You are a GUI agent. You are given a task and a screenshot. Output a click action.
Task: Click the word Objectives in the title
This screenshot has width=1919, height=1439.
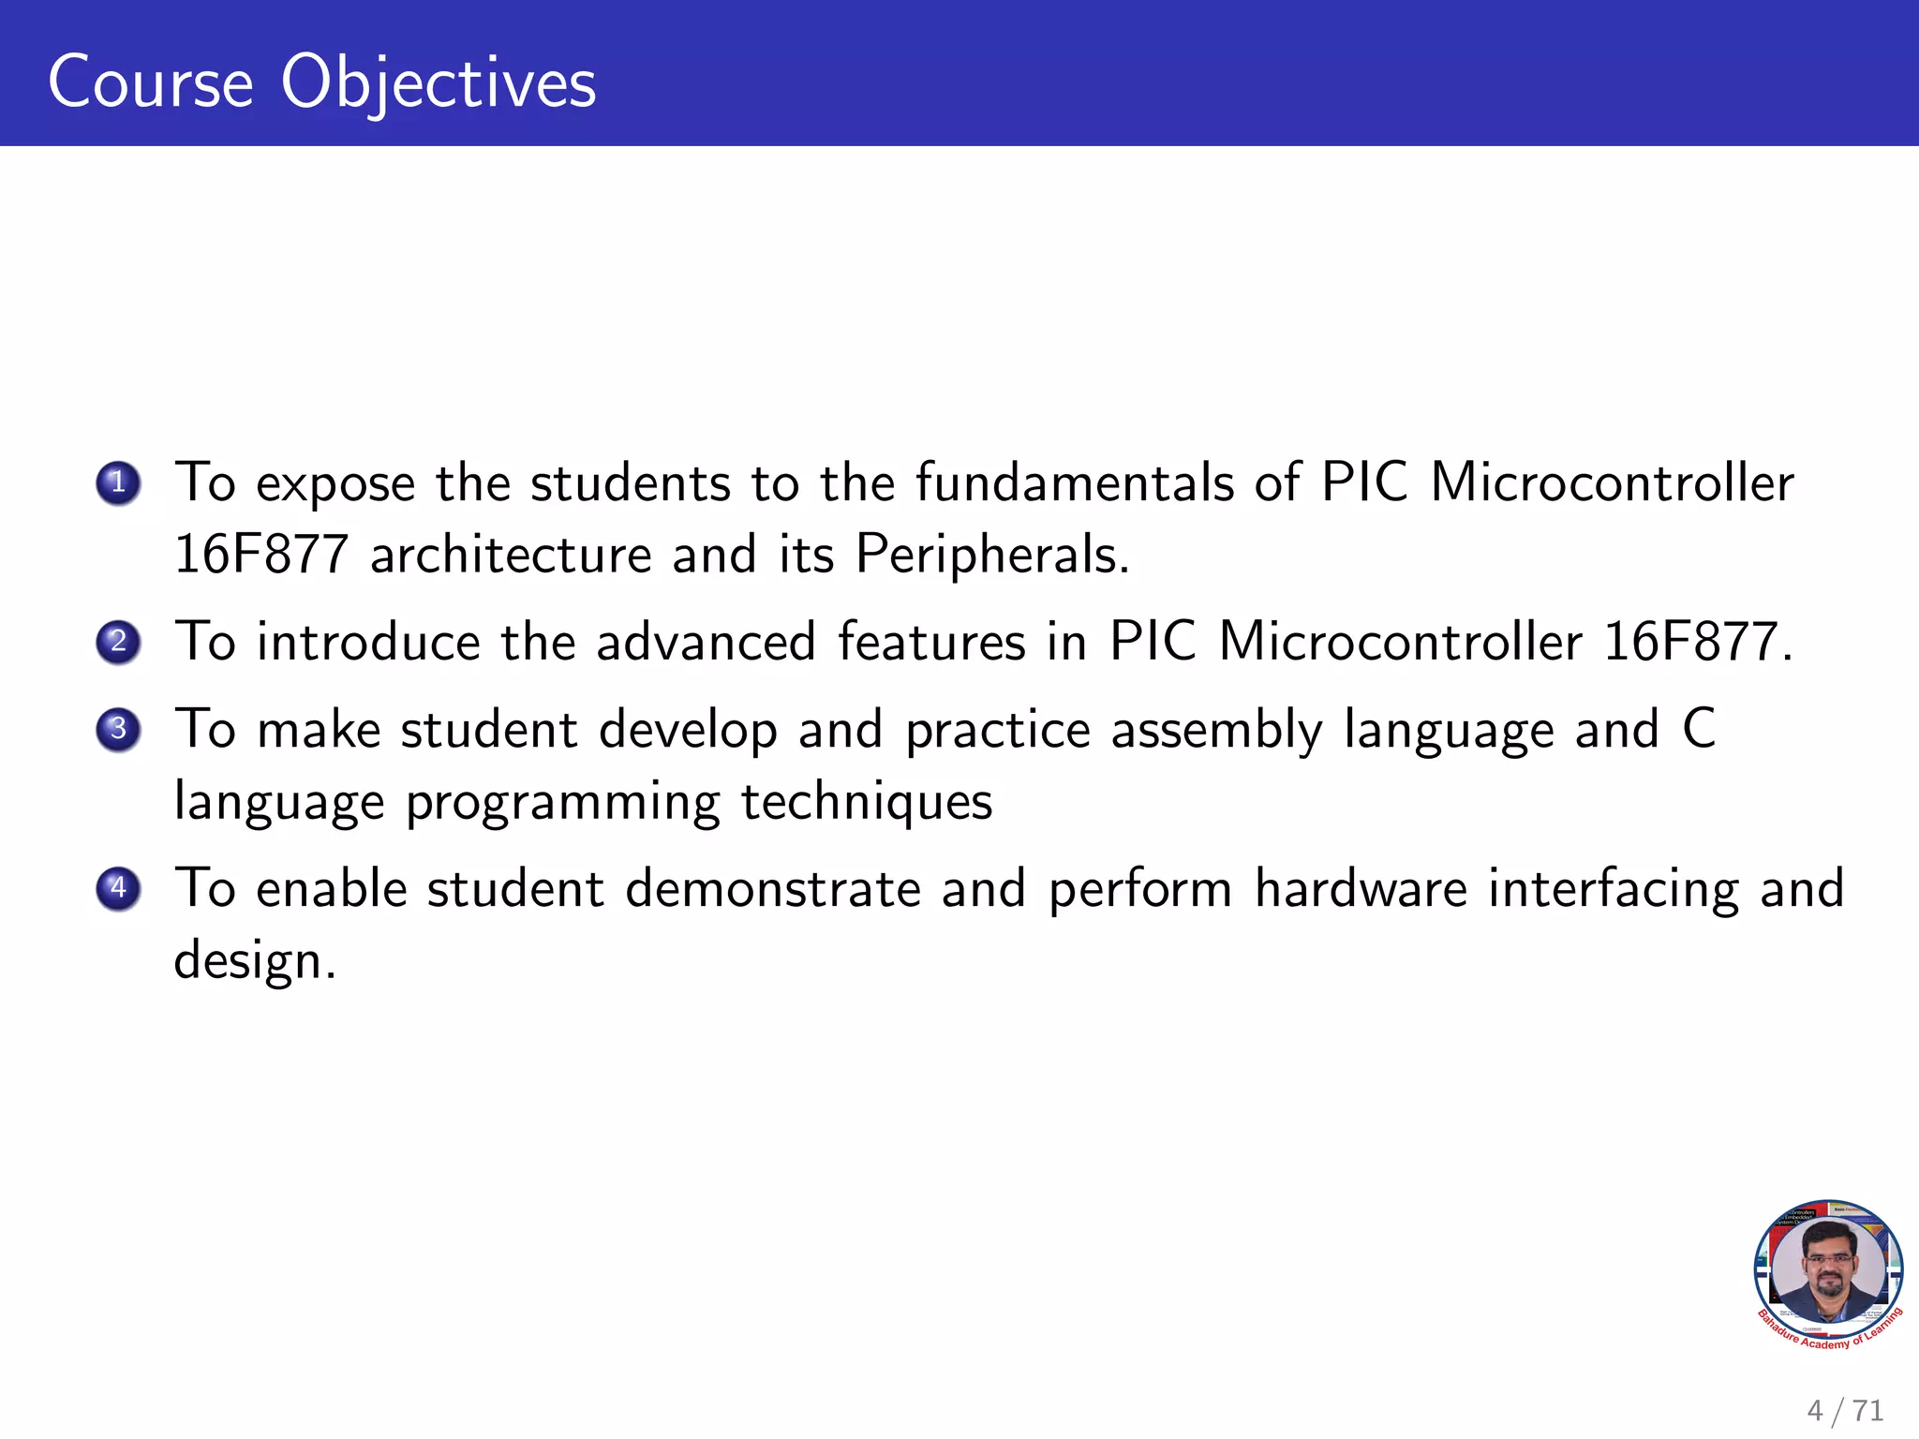click(438, 82)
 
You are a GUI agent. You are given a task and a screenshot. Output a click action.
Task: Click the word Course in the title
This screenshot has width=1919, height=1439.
click(151, 82)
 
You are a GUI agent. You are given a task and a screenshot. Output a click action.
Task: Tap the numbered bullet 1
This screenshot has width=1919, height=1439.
click(118, 483)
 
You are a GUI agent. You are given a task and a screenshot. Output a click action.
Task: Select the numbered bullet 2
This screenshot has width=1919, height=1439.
click(118, 642)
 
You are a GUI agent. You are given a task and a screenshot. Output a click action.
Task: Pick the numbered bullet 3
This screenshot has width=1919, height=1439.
click(118, 729)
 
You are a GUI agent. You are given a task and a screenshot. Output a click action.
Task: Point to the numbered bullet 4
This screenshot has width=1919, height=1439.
click(118, 888)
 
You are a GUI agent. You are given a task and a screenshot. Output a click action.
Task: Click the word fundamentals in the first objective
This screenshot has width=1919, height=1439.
click(1074, 483)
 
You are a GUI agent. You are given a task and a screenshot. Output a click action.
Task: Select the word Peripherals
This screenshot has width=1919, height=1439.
click(992, 555)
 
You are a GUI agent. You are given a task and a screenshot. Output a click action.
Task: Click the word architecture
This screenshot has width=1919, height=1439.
click(511, 555)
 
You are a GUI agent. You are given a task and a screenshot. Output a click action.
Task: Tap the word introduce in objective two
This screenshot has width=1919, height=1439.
click(368, 643)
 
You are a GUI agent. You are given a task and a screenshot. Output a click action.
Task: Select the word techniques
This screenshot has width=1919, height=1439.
click(867, 802)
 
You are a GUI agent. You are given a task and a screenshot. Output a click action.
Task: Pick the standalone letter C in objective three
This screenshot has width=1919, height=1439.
click(1699, 729)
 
